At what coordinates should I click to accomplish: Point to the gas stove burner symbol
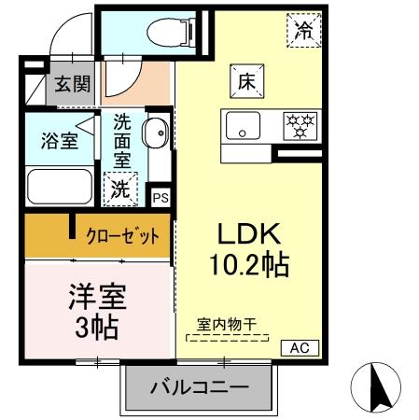tap(300, 124)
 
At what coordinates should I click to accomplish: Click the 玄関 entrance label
tap(71, 85)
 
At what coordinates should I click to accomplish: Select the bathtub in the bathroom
tap(59, 186)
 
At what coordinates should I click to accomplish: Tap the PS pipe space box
tap(161, 198)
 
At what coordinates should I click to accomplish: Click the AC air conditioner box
tap(300, 347)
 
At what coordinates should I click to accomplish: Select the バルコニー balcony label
tap(199, 386)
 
